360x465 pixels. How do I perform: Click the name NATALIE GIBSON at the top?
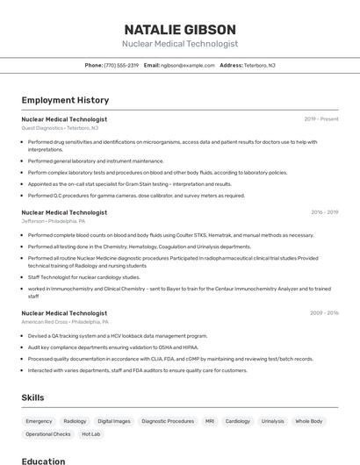click(x=179, y=28)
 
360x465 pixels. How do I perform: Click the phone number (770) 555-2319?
click(x=121, y=65)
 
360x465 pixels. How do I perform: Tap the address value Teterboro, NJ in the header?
click(x=259, y=65)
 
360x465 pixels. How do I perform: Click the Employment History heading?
click(x=59, y=100)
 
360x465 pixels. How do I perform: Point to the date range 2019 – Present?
click(x=321, y=118)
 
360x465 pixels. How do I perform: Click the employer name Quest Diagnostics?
click(x=41, y=128)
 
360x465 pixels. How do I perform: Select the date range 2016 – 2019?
click(x=325, y=211)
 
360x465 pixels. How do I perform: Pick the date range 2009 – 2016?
click(x=324, y=312)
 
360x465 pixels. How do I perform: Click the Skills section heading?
click(x=32, y=397)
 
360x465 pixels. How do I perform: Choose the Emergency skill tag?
click(x=39, y=421)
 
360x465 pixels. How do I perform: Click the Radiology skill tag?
click(x=75, y=421)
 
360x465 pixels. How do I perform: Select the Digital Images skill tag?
click(x=113, y=421)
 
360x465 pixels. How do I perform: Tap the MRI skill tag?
click(x=210, y=421)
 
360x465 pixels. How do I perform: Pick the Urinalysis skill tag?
click(x=273, y=421)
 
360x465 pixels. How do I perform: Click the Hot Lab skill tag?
click(x=90, y=434)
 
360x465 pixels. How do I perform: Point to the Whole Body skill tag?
click(x=308, y=421)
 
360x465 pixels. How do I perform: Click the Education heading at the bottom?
click(x=43, y=461)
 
